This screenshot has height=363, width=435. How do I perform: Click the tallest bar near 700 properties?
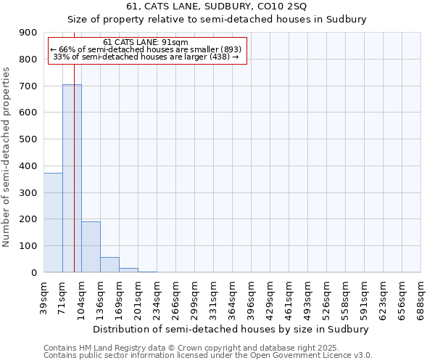(71, 178)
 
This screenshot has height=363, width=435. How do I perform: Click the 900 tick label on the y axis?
(28, 33)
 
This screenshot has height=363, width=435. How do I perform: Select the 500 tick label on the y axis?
(28, 139)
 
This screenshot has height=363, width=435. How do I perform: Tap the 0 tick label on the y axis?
(33, 272)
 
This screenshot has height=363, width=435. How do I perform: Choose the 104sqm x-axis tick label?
(82, 295)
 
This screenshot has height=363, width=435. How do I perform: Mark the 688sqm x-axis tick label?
(421, 295)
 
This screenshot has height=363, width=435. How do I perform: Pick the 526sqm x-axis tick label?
(327, 295)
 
